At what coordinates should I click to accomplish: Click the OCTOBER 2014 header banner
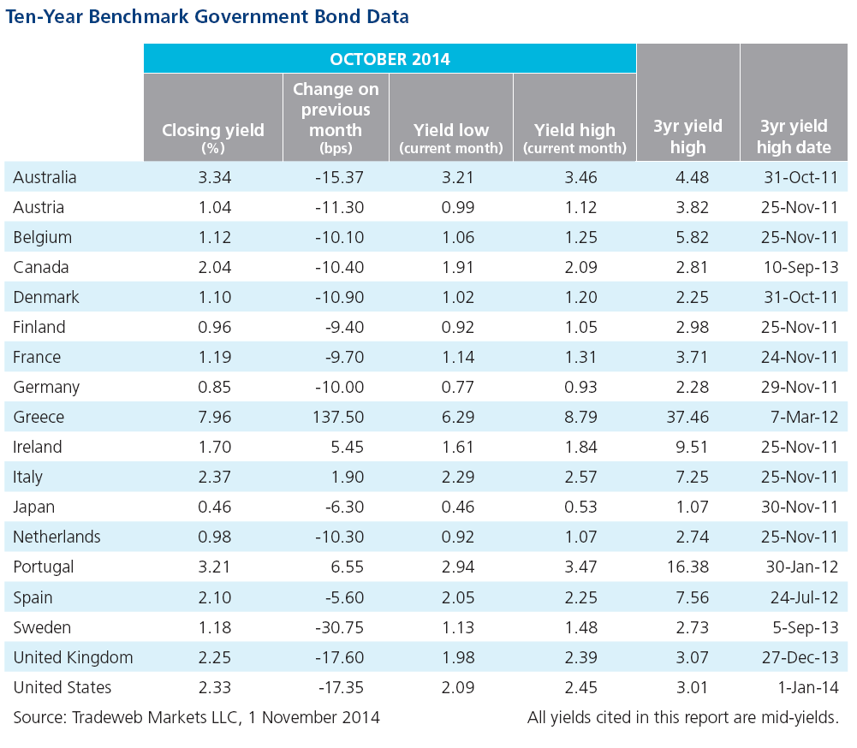(390, 58)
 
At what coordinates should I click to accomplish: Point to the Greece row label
(39, 417)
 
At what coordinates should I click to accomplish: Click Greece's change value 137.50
(338, 417)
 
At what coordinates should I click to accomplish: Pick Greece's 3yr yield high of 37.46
(687, 417)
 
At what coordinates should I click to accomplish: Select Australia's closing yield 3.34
(215, 177)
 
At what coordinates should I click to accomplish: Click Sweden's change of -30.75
(339, 627)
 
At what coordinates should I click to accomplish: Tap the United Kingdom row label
(74, 657)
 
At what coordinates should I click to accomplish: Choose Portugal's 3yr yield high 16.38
(687, 567)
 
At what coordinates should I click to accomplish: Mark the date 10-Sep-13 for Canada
(800, 267)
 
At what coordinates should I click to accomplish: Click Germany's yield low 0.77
(458, 387)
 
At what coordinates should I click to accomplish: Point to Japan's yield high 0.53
(581, 507)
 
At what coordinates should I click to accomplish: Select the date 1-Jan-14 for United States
(808, 687)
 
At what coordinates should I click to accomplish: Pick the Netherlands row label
(57, 537)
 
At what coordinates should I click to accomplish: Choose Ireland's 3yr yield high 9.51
(692, 447)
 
